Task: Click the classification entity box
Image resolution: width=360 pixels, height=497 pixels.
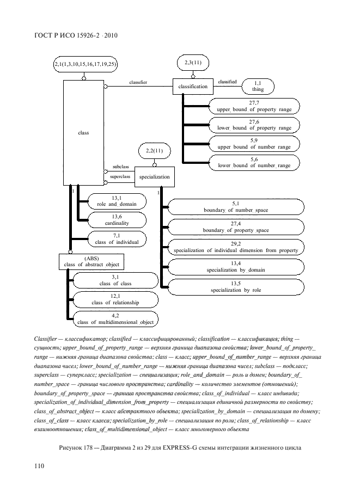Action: [193, 86]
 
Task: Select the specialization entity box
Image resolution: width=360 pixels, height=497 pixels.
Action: [154, 177]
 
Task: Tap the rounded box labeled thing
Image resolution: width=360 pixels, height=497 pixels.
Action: [258, 86]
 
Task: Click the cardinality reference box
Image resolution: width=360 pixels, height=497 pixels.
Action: [117, 220]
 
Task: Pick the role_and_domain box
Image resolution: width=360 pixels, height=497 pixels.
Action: [117, 201]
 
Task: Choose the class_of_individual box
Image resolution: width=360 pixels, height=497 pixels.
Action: [117, 238]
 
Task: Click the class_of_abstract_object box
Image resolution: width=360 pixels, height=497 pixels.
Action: [91, 262]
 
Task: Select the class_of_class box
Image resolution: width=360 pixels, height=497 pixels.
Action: [115, 280]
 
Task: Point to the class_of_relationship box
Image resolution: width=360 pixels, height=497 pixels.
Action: [115, 299]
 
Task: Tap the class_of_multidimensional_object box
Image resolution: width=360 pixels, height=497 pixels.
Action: [115, 319]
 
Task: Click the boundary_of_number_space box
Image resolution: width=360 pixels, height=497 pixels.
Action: [236, 207]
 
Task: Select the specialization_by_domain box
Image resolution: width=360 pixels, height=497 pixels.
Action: [236, 266]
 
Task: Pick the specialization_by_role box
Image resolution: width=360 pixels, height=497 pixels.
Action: [236, 287]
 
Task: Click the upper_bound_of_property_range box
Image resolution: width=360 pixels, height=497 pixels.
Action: [254, 106]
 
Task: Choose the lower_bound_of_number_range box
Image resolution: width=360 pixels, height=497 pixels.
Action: [254, 162]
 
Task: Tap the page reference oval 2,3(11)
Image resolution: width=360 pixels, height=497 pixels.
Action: [193, 63]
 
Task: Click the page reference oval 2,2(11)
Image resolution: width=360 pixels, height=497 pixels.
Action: [154, 150]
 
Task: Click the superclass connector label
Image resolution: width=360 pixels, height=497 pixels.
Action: [119, 177]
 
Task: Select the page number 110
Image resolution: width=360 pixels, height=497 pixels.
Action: [39, 466]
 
